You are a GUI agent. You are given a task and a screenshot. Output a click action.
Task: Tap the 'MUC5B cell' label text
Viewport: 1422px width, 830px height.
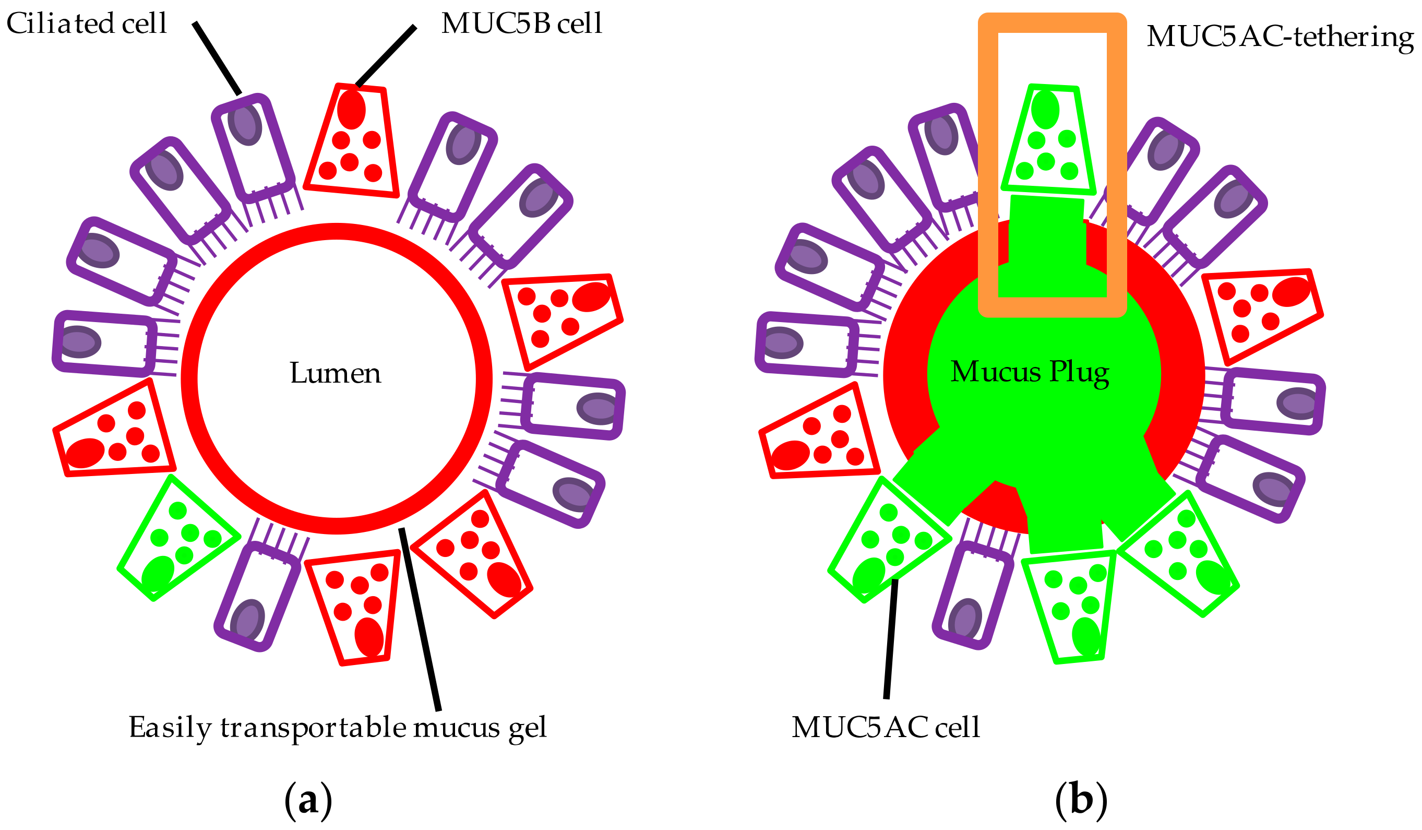tap(521, 23)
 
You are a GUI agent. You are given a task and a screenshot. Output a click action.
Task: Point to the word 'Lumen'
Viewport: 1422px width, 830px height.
tap(335, 373)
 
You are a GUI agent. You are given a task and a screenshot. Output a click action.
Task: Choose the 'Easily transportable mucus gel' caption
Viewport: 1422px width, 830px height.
tap(338, 728)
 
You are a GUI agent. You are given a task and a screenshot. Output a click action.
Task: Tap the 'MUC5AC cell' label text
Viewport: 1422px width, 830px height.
tap(886, 727)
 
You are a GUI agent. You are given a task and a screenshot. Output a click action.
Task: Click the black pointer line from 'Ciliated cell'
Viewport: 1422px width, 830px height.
tap(217, 58)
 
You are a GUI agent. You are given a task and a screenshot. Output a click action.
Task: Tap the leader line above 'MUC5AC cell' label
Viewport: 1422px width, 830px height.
tap(891, 638)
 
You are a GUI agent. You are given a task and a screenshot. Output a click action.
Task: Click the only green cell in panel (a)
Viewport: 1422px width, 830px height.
tap(178, 538)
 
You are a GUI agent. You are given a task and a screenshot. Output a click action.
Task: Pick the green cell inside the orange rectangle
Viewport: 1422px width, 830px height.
tap(1048, 139)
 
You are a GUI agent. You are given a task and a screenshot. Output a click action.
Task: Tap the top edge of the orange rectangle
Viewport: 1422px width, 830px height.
tap(1053, 22)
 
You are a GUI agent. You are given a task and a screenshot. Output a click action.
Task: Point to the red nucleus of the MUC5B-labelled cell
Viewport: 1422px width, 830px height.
tap(351, 109)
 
